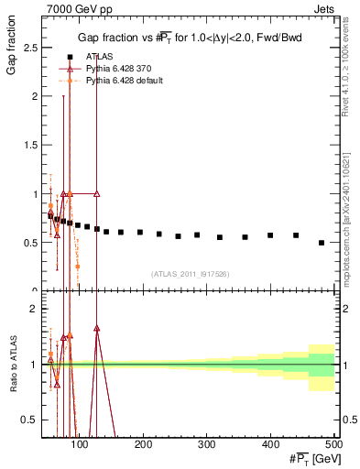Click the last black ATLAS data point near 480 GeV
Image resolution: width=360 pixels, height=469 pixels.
322,243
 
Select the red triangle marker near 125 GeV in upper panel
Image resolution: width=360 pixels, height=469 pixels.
97,194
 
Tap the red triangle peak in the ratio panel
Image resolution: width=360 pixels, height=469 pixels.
97,328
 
